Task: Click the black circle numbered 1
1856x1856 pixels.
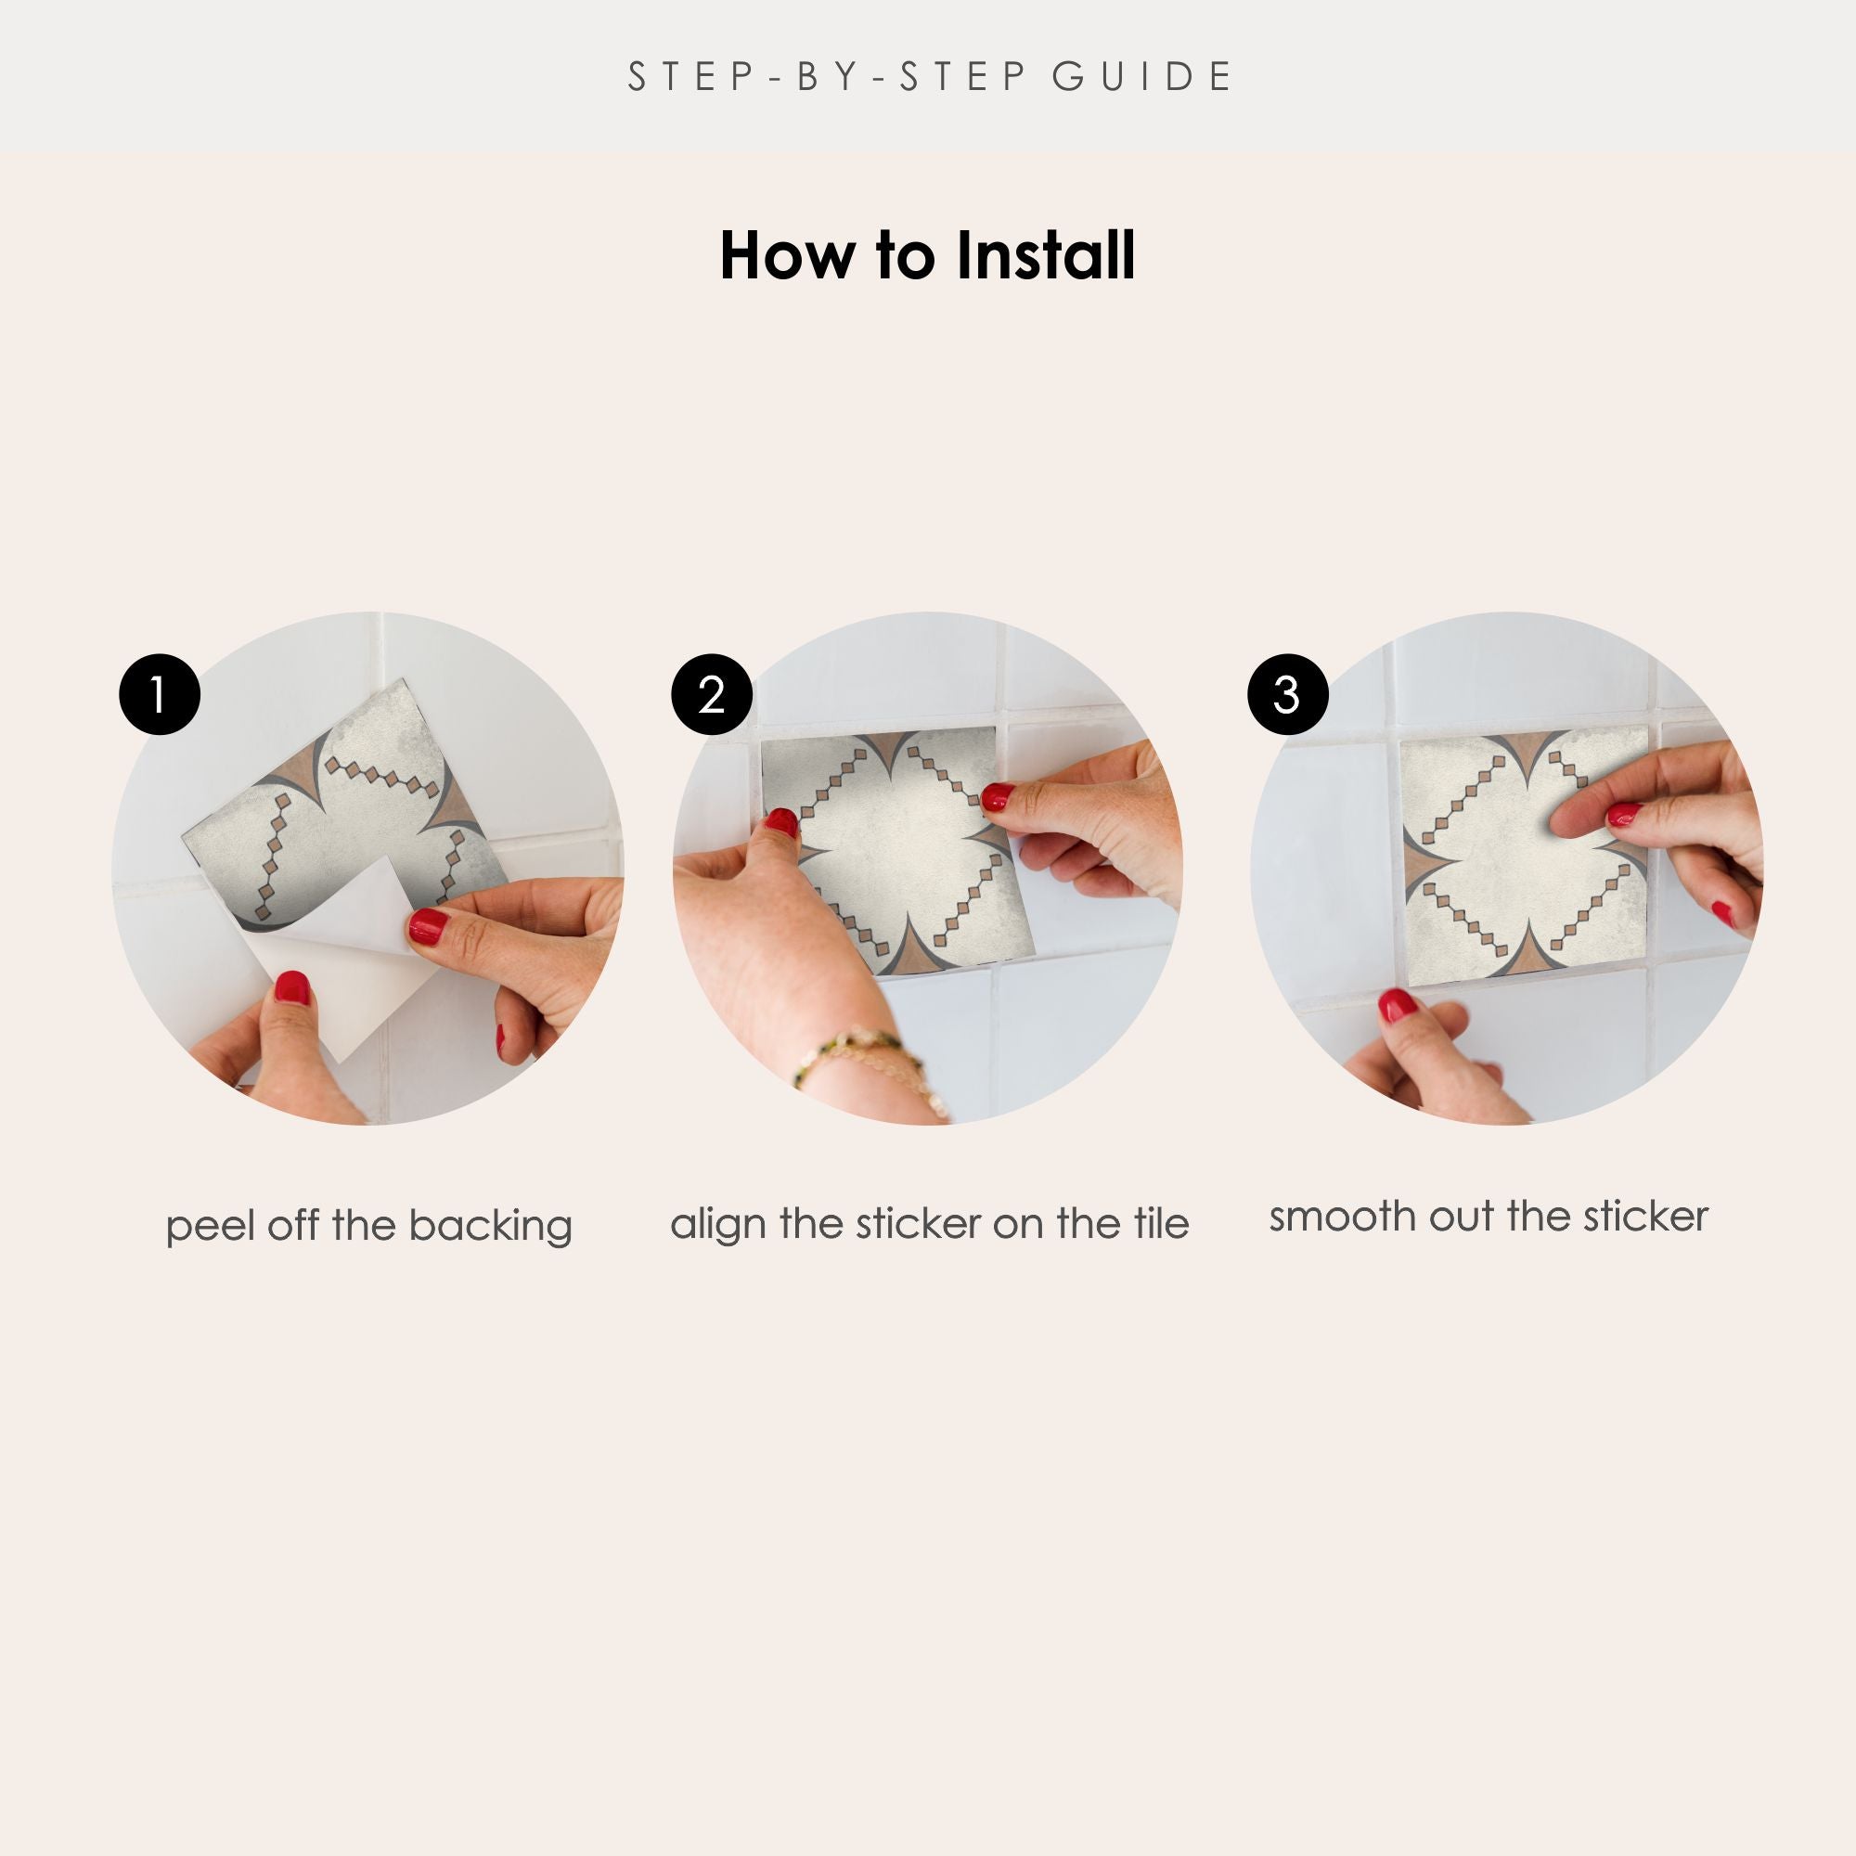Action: point(160,694)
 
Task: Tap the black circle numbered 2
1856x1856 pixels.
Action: point(712,694)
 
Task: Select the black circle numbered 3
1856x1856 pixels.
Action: point(1287,694)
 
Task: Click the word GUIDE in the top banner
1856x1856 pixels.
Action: point(1142,77)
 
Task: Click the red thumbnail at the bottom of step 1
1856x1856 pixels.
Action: point(291,986)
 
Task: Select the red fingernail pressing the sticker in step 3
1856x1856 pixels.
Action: point(1623,815)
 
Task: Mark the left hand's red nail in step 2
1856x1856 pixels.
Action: point(781,822)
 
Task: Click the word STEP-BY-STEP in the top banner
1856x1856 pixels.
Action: point(827,77)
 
